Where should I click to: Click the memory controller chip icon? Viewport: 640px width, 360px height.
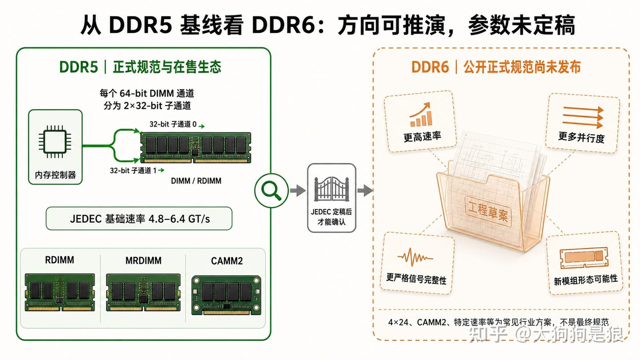tap(55, 141)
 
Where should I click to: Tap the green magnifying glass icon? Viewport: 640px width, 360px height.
tap(271, 190)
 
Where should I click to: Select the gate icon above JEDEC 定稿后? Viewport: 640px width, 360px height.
tap(332, 188)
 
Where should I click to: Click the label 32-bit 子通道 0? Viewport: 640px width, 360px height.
tap(173, 124)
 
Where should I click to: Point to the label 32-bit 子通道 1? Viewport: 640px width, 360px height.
tap(133, 171)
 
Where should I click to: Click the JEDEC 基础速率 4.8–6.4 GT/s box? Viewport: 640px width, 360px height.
tap(139, 219)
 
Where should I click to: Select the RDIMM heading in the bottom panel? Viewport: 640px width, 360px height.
tap(60, 260)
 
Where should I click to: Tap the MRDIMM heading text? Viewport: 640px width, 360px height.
tap(144, 260)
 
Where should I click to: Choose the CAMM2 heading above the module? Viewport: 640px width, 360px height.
tap(227, 261)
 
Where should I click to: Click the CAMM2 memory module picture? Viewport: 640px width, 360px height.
tap(226, 295)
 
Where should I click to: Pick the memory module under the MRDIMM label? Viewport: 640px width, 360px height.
tap(143, 292)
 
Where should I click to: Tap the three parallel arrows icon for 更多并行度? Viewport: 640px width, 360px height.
tap(583, 117)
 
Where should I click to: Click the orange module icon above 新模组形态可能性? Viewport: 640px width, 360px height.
tap(584, 258)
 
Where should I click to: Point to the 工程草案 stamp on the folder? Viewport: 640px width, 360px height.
tap(488, 211)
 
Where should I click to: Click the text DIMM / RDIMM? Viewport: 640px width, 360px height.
tap(196, 181)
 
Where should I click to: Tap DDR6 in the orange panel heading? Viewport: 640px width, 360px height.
tap(430, 67)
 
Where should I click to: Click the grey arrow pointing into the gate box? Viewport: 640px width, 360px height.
tap(298, 191)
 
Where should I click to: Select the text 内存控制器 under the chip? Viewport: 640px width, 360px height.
tap(55, 175)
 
